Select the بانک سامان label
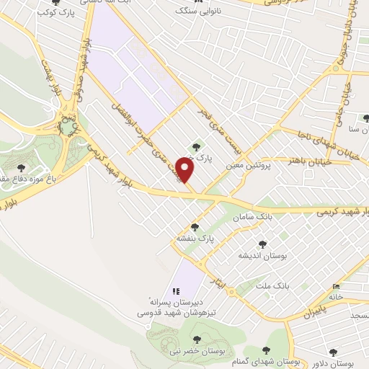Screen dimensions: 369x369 [x=252, y=217]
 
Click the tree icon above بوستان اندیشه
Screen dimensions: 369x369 [x=262, y=243]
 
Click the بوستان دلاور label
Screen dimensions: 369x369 [x=338, y=363]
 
